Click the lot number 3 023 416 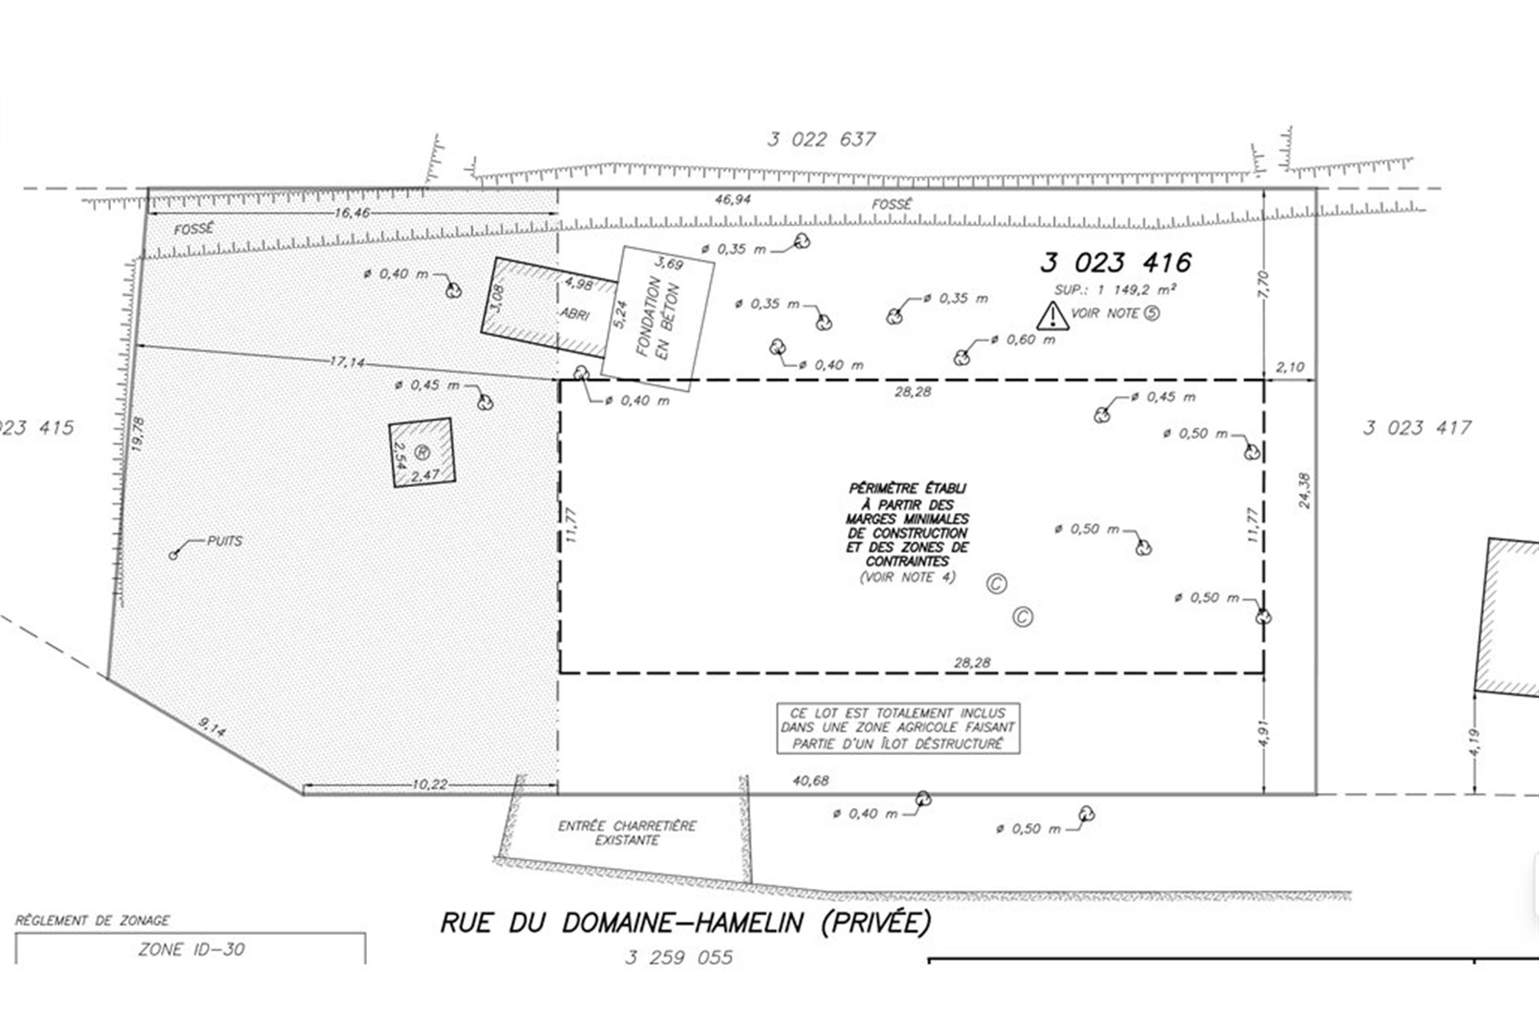pos(1115,262)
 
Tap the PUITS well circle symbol pos(173,555)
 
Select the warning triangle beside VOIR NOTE pos(1052,316)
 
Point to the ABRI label pos(574,314)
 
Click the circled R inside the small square pos(422,452)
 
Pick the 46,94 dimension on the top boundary pos(732,199)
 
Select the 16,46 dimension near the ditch pos(352,213)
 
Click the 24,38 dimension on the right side pos(1304,491)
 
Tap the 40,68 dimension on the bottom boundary pos(811,781)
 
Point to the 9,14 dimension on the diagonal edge pos(212,728)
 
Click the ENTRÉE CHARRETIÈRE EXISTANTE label pos(627,833)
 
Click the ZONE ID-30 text pos(191,950)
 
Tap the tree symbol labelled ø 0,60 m pos(962,356)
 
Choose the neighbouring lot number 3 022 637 pos(821,139)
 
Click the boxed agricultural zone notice pos(898,728)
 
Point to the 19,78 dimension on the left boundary pos(138,434)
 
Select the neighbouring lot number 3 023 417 pos(1417,428)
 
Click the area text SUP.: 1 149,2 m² pos(1115,289)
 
